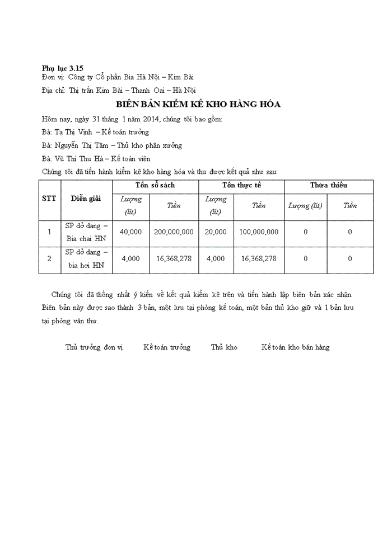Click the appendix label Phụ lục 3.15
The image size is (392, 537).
tap(63, 67)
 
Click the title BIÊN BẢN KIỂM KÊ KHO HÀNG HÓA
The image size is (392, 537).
tap(198, 105)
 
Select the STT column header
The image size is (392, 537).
tap(49, 199)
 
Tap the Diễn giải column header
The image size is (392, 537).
tap(86, 199)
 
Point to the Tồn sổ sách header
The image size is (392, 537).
tap(155, 185)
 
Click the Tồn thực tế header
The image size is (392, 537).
tap(241, 185)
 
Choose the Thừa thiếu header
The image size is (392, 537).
tap(329, 185)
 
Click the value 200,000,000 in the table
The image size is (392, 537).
tap(174, 232)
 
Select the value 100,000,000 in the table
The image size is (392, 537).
tap(259, 232)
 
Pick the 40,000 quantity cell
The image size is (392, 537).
tap(130, 232)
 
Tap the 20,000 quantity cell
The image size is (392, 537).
tap(216, 232)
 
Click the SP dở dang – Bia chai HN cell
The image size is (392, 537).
tap(86, 232)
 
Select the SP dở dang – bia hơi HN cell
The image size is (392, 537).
tap(86, 259)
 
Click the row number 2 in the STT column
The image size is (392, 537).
tap(49, 259)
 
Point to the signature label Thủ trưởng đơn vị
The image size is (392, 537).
tap(94, 347)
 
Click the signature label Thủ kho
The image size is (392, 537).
tap(224, 347)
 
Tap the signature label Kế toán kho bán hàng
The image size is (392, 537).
tap(295, 347)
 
